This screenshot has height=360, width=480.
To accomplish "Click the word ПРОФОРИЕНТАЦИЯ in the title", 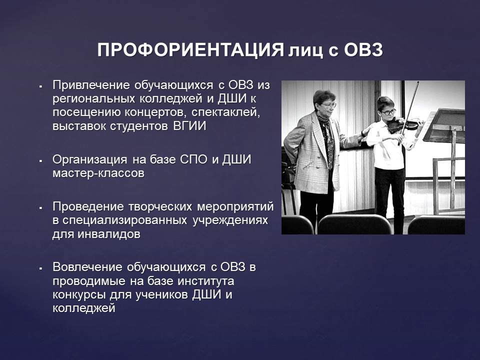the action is (x=190, y=49).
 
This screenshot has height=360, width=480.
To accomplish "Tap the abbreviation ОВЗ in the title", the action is (x=363, y=49).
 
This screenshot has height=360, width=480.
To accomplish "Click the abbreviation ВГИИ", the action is (x=190, y=126).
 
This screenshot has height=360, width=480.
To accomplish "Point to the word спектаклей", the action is (x=225, y=112).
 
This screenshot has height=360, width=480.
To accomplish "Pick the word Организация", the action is (x=89, y=160).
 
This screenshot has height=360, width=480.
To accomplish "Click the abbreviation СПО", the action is (x=193, y=159).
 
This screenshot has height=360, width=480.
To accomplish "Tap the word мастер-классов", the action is (x=98, y=173).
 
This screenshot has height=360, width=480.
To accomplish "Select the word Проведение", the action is (x=87, y=207).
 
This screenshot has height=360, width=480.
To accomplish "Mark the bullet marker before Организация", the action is (x=40, y=160).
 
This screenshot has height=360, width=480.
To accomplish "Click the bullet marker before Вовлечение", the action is (x=40, y=268).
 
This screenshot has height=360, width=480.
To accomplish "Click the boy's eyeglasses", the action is (x=388, y=111).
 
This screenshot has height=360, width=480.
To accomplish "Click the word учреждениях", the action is (x=230, y=221).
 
